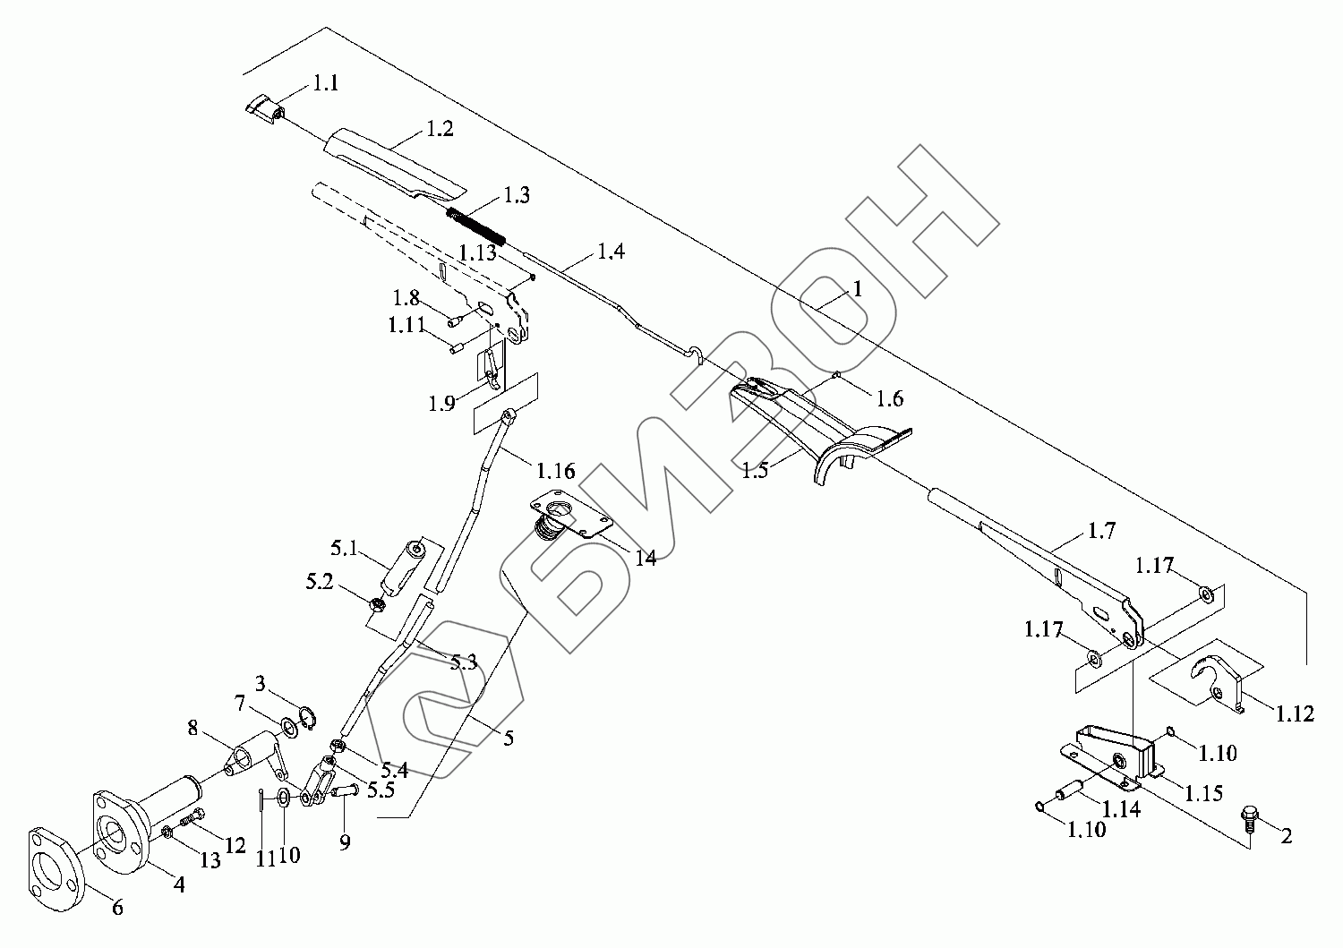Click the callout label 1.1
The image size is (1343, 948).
coord(325,84)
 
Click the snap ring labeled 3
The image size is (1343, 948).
coord(307,717)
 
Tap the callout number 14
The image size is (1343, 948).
coord(645,559)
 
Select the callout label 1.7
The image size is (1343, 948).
coord(1102,532)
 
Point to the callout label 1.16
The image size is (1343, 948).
coord(556,471)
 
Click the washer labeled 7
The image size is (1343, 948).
coord(289,725)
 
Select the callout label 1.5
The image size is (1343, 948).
coord(755,470)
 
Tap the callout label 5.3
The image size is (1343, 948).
coord(463,663)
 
